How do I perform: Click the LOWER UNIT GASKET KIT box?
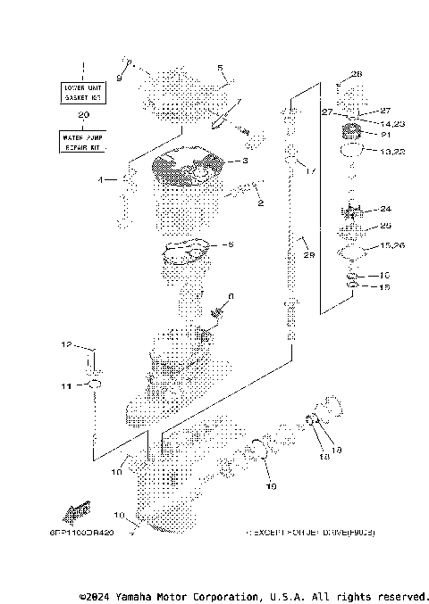pyautogui.click(x=84, y=92)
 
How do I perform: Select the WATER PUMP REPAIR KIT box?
pyautogui.click(x=84, y=140)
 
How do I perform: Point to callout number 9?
pyautogui.click(x=119, y=79)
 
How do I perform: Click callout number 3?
pyautogui.click(x=242, y=161)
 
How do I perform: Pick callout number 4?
pyautogui.click(x=102, y=180)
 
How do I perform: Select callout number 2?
pyautogui.click(x=260, y=203)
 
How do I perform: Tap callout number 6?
pyautogui.click(x=231, y=296)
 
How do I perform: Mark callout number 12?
pyautogui.click(x=65, y=344)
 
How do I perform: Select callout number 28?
pyautogui.click(x=357, y=73)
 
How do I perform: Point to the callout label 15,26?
pyautogui.click(x=391, y=244)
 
